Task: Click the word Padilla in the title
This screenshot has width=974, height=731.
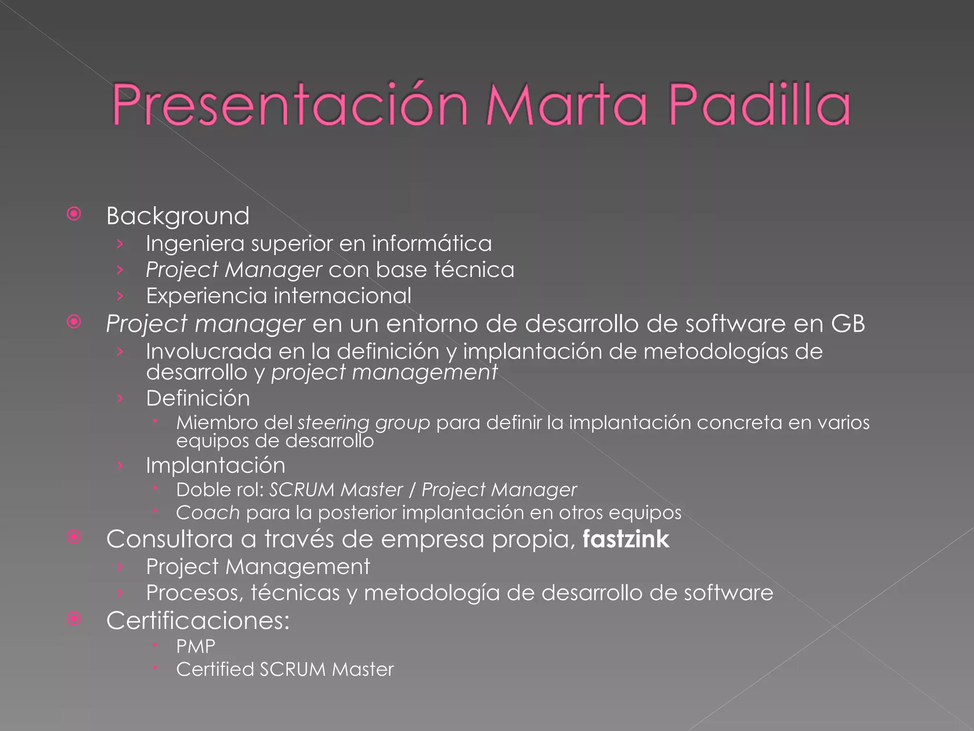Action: [x=760, y=105]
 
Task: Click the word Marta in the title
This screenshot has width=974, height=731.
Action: [x=566, y=105]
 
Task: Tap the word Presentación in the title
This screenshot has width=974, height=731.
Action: [x=290, y=105]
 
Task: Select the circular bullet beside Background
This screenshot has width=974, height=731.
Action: [x=74, y=214]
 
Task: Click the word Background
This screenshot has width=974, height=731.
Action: [x=178, y=217]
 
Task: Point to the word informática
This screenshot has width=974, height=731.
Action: [x=432, y=244]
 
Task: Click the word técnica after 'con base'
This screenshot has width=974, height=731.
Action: [x=474, y=270]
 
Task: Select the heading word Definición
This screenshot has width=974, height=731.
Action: [x=198, y=398]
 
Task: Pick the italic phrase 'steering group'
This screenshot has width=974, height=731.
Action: [x=364, y=423]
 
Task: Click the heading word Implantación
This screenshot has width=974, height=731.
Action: [x=215, y=465]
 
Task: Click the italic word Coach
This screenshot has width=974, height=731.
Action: [x=208, y=513]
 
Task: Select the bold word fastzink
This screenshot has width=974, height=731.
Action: [x=626, y=539]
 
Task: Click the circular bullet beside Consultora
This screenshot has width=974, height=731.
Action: [x=74, y=537]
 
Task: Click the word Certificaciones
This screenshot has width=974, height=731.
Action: [x=197, y=621]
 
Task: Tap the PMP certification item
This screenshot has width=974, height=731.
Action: [x=195, y=647]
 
